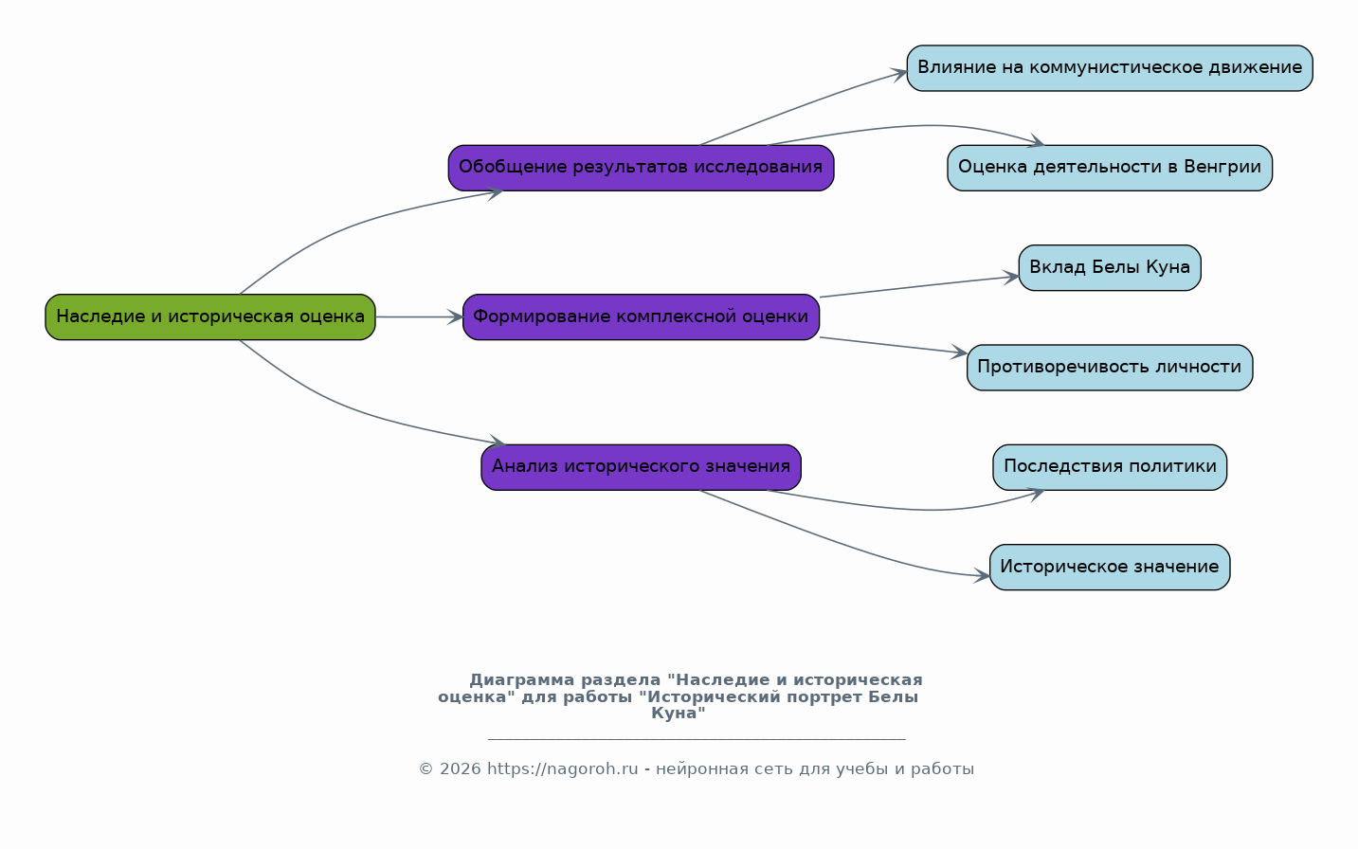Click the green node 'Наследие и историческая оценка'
(210, 316)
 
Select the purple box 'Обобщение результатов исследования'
(641, 168)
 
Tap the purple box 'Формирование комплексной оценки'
(641, 316)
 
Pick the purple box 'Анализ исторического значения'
(641, 467)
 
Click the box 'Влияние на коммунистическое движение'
(1110, 68)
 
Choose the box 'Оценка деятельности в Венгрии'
(1110, 168)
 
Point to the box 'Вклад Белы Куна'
(1110, 268)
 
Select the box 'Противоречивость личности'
(1110, 368)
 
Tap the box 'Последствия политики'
(1110, 467)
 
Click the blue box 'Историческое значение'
(1110, 568)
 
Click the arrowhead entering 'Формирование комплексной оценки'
(456, 316)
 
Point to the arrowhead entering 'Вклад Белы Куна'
(1012, 278)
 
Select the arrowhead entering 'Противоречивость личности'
(960, 352)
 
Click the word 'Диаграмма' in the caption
(522, 680)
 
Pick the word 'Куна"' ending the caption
(679, 714)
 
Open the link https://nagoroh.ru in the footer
(563, 769)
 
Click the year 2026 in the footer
(461, 769)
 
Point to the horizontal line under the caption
(697, 739)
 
